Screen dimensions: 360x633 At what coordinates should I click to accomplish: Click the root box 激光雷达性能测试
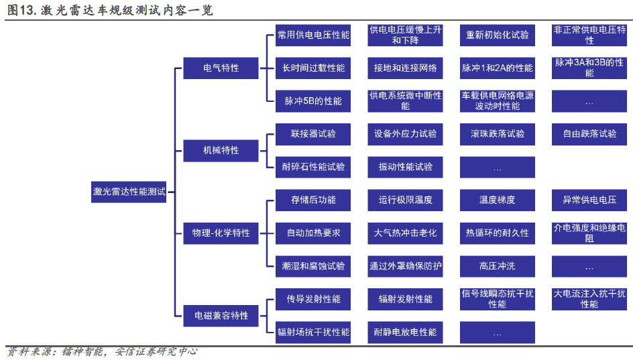[129, 191]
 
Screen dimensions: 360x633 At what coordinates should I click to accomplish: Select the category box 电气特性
[221, 68]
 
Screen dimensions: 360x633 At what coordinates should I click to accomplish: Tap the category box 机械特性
[221, 150]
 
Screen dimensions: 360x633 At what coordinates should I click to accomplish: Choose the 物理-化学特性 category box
[221, 233]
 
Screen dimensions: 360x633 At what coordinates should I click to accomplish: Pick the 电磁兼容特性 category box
[221, 315]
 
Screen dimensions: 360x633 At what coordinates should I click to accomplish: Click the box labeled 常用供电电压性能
[313, 35]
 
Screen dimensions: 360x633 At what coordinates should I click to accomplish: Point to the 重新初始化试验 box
[498, 35]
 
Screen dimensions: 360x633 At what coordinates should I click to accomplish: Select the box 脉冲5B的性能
[313, 101]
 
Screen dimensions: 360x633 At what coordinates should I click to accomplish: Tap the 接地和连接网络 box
[405, 68]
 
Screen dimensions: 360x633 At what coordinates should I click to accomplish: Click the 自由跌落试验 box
[589, 133]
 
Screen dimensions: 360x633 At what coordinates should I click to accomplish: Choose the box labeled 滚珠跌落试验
[498, 133]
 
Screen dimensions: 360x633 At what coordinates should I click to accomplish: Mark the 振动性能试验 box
[405, 167]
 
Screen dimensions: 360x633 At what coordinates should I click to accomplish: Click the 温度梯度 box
[498, 200]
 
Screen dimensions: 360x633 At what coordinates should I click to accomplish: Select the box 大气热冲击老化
[405, 233]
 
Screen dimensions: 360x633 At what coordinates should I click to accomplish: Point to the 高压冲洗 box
[498, 266]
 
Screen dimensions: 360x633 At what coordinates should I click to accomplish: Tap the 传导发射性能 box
[313, 299]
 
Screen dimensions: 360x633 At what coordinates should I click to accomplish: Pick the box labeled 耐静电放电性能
[405, 332]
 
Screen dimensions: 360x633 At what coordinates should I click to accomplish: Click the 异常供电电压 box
[589, 200]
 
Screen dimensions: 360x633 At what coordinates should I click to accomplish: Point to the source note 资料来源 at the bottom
[101, 351]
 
